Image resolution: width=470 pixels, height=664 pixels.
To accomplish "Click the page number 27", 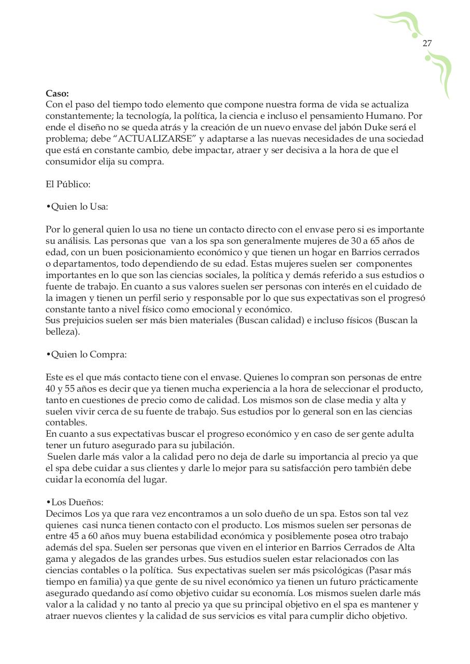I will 427,44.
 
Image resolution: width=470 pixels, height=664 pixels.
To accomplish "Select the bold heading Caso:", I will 57,93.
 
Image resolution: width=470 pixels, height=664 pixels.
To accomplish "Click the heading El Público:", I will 67,184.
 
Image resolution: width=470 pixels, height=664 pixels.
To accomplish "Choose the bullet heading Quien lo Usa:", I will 77,206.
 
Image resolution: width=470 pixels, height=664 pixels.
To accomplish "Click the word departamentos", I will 77,264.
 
